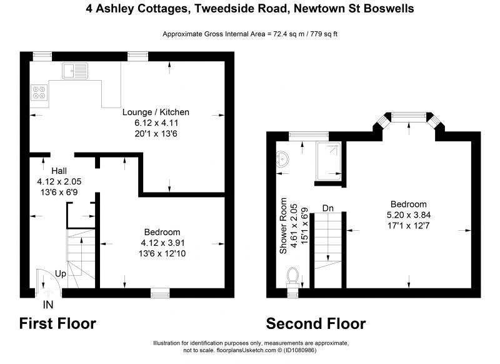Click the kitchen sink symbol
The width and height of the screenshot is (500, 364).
click(75, 71)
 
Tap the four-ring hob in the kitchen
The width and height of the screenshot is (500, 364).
click(39, 92)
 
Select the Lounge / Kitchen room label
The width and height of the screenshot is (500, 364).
click(156, 112)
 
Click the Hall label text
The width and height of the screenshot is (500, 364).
click(59, 171)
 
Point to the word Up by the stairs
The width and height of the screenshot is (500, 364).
click(61, 274)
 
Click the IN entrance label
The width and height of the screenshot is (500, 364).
click(48, 305)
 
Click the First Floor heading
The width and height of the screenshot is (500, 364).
click(57, 323)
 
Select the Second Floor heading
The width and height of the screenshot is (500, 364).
click(316, 323)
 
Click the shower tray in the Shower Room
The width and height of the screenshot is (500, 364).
click(329, 161)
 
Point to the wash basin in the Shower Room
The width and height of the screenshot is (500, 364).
click(282, 159)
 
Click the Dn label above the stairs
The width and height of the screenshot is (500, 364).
click(327, 208)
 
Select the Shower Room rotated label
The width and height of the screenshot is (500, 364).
click(283, 226)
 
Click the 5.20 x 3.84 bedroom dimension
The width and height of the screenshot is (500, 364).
click(409, 215)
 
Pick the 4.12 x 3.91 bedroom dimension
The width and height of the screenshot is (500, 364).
click(162, 243)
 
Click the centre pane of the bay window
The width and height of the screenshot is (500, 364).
click(409, 118)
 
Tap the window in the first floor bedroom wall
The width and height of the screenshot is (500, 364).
click(161, 293)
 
